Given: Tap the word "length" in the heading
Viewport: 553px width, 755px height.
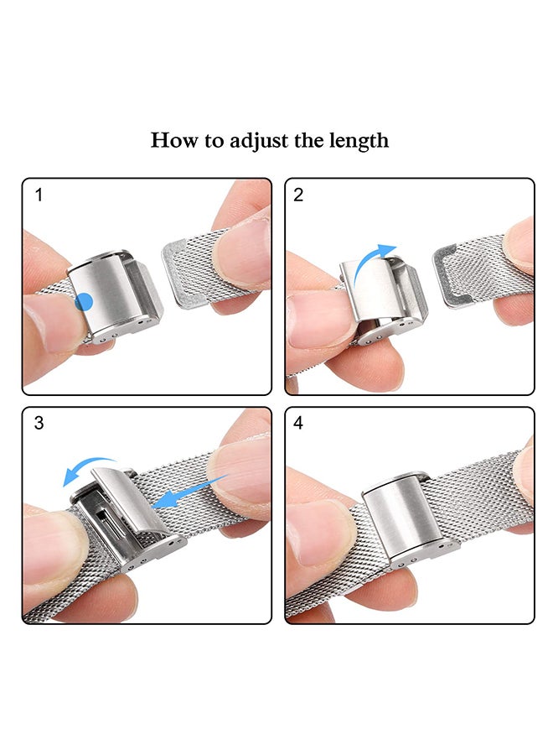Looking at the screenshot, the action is pyautogui.click(x=359, y=141).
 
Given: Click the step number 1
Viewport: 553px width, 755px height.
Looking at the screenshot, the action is pyautogui.click(x=39, y=195).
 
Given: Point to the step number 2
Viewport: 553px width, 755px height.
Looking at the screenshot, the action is pyautogui.click(x=298, y=195).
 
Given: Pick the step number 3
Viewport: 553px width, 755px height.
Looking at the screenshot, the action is pyautogui.click(x=39, y=423).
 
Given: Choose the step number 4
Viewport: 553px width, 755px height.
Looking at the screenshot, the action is pyautogui.click(x=298, y=423).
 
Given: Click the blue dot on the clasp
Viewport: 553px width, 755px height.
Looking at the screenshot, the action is pyautogui.click(x=84, y=302).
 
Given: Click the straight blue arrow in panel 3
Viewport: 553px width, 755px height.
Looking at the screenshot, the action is pyautogui.click(x=189, y=492).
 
